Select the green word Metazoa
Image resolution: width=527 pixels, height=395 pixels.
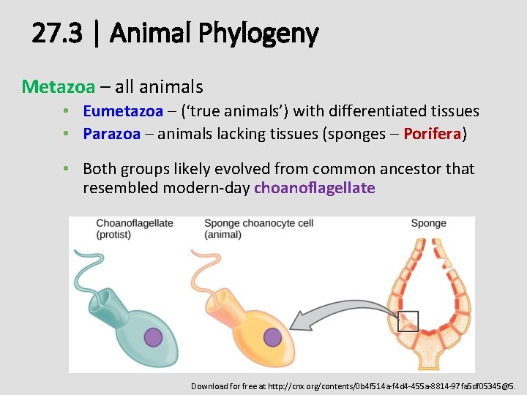point(59,86)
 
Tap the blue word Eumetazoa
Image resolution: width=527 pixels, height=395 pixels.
point(123,111)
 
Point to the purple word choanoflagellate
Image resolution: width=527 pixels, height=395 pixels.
point(314,188)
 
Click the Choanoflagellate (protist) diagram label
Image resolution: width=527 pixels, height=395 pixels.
point(134,228)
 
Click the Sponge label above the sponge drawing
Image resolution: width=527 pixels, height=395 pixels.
point(428,223)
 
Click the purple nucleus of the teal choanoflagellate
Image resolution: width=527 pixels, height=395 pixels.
point(153,336)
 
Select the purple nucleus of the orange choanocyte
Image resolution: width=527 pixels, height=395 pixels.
point(272,336)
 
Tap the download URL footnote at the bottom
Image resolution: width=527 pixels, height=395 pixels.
point(354,385)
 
